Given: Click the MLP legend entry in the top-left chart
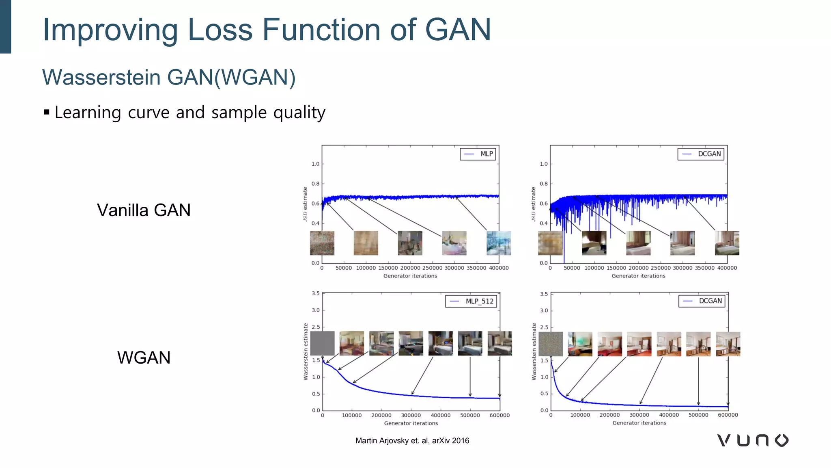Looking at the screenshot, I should [478, 154].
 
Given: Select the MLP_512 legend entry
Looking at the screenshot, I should [471, 301].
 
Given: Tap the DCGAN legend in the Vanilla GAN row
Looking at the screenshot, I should [701, 154].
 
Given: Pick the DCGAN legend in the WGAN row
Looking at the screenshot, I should [702, 301].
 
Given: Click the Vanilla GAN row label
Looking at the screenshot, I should [144, 210].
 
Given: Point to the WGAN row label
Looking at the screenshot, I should [144, 358].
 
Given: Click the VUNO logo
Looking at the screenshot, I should [753, 440].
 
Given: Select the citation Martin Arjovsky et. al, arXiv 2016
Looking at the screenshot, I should [412, 441].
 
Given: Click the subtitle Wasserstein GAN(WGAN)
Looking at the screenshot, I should [169, 77].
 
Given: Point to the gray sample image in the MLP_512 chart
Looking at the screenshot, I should [322, 343].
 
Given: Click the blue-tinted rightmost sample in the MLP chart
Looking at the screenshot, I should [499, 243].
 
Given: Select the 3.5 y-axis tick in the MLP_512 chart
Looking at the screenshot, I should [316, 293].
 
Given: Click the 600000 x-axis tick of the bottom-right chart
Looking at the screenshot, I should [728, 415].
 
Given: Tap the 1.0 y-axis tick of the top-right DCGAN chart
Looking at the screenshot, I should [543, 164].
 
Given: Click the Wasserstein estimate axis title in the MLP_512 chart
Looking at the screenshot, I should [306, 352].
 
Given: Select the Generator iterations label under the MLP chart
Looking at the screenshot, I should [410, 276].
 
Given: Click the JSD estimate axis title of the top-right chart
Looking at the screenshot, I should [534, 204].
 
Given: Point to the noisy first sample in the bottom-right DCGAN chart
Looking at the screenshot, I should [551, 344].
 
